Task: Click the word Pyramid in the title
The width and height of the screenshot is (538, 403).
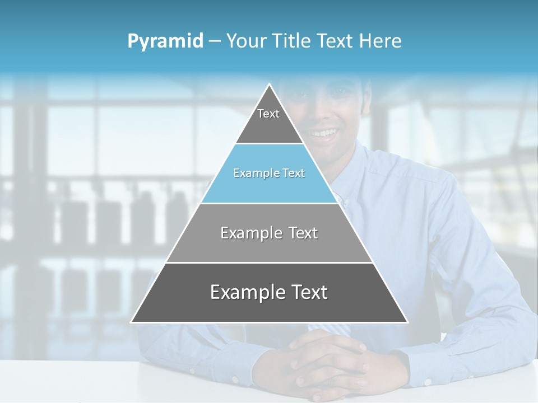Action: pyautogui.click(x=165, y=41)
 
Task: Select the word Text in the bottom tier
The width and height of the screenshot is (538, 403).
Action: pyautogui.click(x=307, y=292)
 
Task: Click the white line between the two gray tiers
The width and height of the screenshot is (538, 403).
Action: pyautogui.click(x=269, y=263)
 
